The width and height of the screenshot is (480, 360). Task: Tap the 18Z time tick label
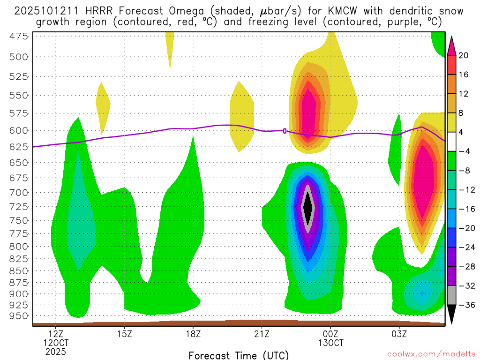[193, 334]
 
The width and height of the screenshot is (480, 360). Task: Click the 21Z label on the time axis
[262, 334]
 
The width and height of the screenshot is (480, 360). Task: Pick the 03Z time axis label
[399, 334]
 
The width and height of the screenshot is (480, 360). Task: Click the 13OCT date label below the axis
[330, 343]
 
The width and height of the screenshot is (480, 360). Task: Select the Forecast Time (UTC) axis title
[239, 355]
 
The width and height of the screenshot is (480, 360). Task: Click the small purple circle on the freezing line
[285, 131]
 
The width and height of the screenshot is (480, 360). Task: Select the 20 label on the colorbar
[464, 55]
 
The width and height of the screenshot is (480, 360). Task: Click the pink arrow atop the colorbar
[451, 45]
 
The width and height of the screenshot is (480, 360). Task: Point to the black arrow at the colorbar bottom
[451, 314]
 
